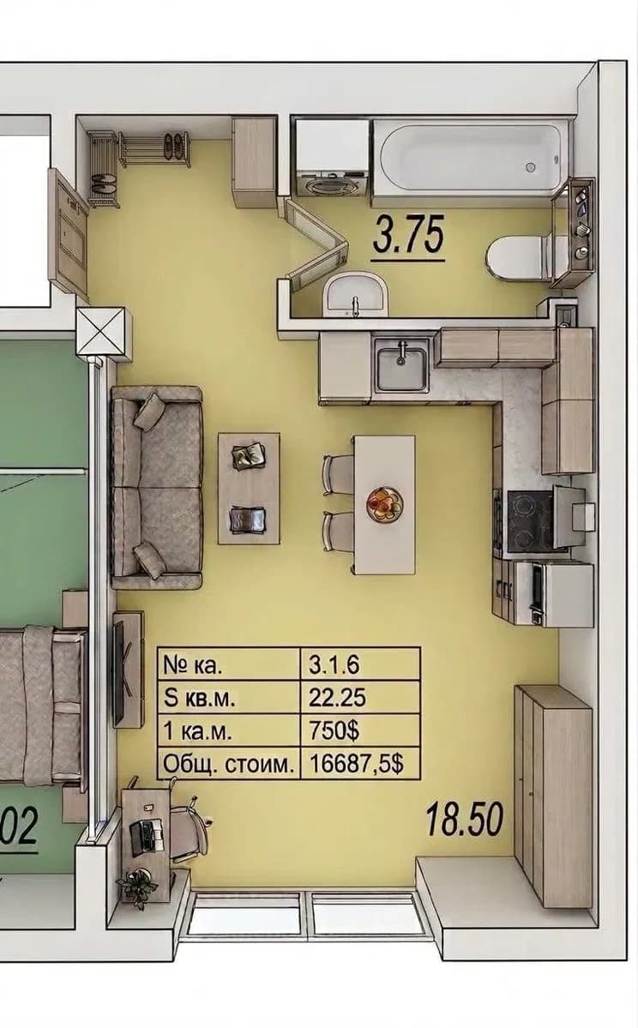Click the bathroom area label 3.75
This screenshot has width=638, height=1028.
coord(409,235)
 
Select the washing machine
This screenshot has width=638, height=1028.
coord(331,158)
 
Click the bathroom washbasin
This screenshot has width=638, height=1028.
coord(355,294)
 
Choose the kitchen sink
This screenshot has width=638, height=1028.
coord(400,366)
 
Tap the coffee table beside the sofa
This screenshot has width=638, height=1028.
coord(250,488)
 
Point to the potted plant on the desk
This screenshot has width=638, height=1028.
coord(138,887)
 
